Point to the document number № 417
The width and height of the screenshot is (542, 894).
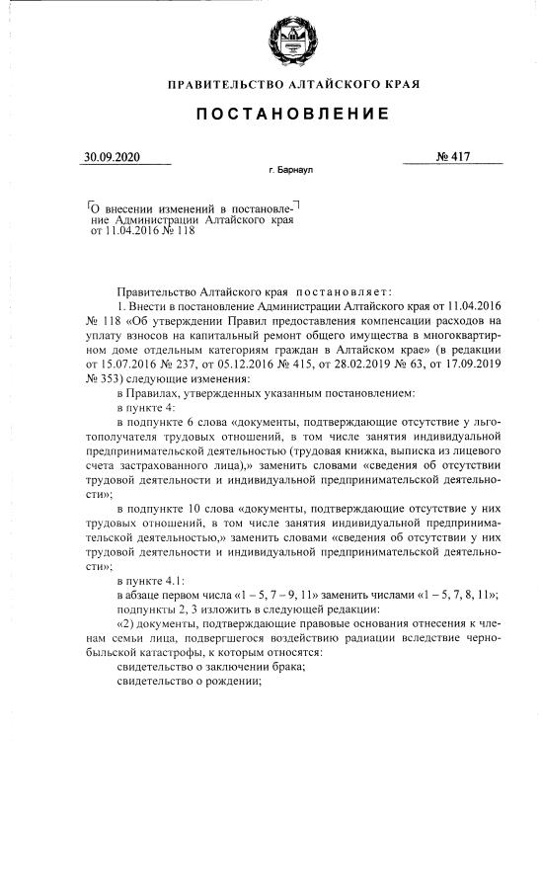coord(452,157)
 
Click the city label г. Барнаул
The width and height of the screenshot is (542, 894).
coord(290,171)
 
